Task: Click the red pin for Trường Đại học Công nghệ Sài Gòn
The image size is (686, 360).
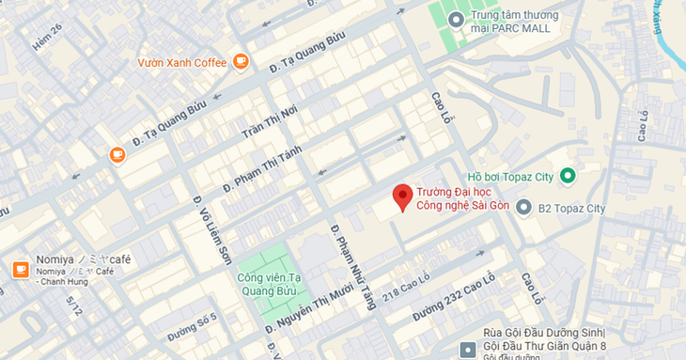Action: tap(402, 196)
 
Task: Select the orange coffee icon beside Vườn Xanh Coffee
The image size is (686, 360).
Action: tap(242, 62)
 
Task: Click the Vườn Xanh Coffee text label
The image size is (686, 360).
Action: tap(182, 63)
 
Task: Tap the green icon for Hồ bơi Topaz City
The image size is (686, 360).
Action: tap(567, 176)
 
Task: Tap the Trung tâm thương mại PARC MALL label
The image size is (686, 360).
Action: tap(515, 22)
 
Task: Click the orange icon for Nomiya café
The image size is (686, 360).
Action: tap(20, 270)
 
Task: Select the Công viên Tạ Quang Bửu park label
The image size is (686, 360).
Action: tap(268, 284)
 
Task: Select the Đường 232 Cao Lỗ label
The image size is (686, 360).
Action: tap(452, 299)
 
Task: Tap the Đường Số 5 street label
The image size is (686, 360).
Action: tap(193, 324)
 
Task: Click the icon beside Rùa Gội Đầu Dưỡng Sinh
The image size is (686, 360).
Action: tap(468, 350)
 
